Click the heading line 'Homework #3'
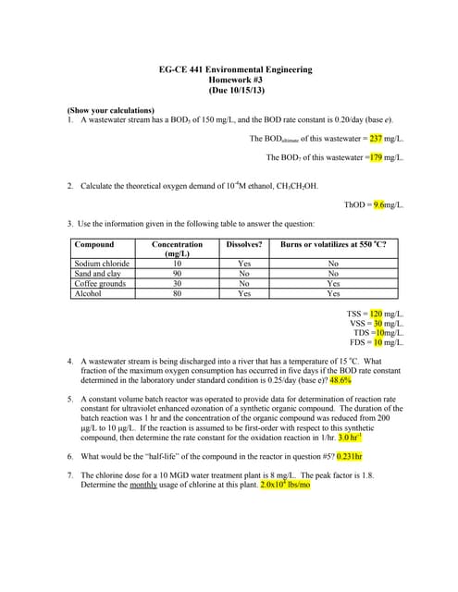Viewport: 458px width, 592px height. click(230, 80)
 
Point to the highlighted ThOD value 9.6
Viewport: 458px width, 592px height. click(378, 203)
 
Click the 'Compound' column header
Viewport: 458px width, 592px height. click(94, 244)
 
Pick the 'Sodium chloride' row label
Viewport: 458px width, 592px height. click(101, 264)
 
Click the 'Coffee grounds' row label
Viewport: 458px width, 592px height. click(100, 284)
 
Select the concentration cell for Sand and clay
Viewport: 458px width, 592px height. click(177, 274)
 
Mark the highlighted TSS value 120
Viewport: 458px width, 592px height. click(378, 314)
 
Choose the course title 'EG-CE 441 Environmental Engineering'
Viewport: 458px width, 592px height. click(230, 69)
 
